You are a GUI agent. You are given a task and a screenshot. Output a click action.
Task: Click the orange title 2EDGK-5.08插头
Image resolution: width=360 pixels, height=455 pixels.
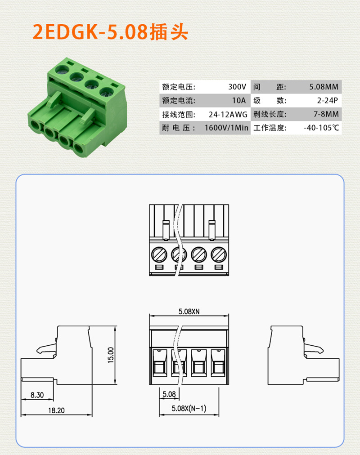(110, 31)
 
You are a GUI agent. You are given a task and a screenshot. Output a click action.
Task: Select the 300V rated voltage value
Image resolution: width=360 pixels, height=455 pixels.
(237, 87)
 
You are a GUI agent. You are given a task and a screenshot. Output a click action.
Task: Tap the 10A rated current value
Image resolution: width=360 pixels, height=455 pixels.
(238, 100)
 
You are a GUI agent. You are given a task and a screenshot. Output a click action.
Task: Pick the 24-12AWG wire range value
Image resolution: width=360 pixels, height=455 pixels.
(228, 114)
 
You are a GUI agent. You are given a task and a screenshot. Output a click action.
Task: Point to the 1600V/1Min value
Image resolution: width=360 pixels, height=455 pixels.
(226, 128)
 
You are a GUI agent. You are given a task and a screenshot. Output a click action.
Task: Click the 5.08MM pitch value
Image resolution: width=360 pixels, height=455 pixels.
(324, 87)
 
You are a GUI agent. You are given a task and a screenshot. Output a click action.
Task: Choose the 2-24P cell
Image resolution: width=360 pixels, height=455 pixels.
(328, 100)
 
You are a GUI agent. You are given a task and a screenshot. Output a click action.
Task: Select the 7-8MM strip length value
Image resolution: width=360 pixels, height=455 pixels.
(326, 114)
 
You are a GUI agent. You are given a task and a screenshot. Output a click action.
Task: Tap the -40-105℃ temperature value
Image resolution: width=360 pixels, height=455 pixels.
(321, 128)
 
